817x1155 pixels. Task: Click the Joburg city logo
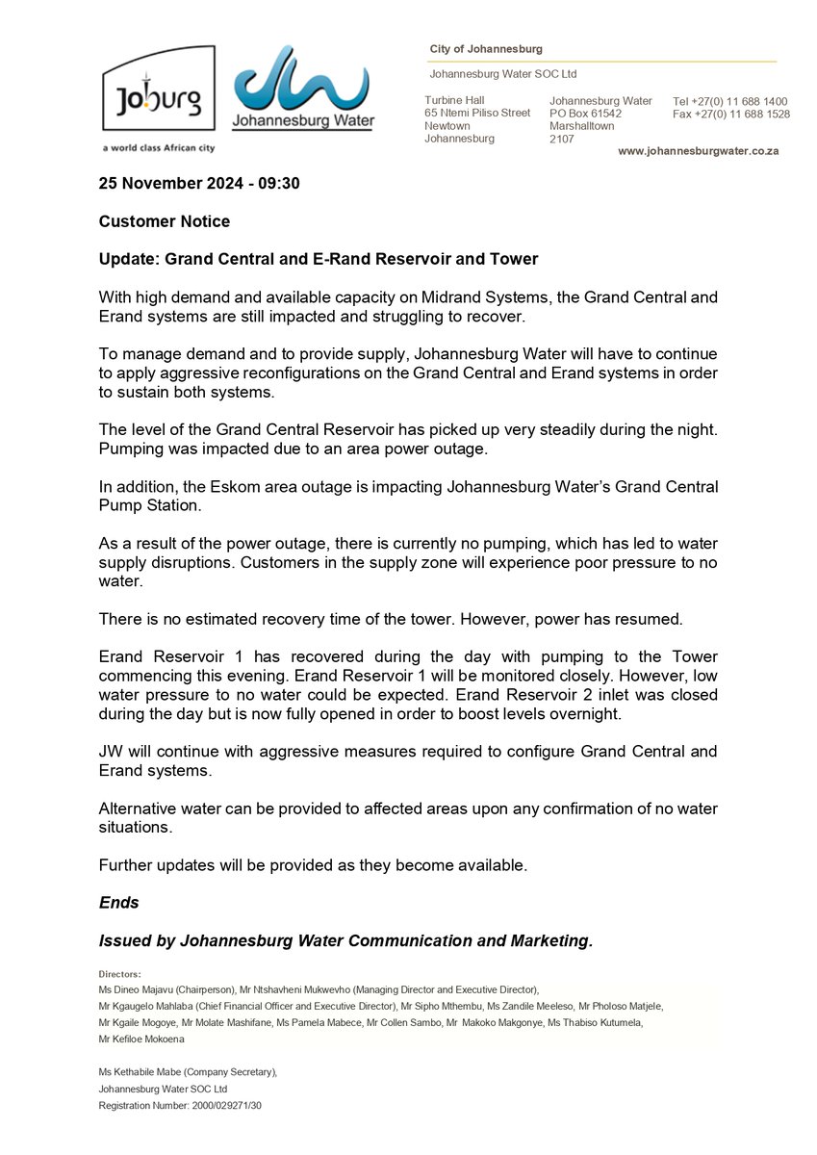point(158,89)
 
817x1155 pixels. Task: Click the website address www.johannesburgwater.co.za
point(698,151)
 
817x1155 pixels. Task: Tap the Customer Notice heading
point(165,221)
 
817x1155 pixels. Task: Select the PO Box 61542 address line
point(585,114)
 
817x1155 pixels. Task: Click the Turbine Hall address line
point(454,100)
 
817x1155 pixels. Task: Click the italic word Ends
point(119,903)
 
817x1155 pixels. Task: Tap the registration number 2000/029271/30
point(220,1105)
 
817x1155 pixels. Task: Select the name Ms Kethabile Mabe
point(139,1071)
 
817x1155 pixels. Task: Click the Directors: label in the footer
point(120,973)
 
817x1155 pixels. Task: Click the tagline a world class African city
point(158,147)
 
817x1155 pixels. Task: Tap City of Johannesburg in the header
point(486,49)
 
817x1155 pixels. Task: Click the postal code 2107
point(562,139)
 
